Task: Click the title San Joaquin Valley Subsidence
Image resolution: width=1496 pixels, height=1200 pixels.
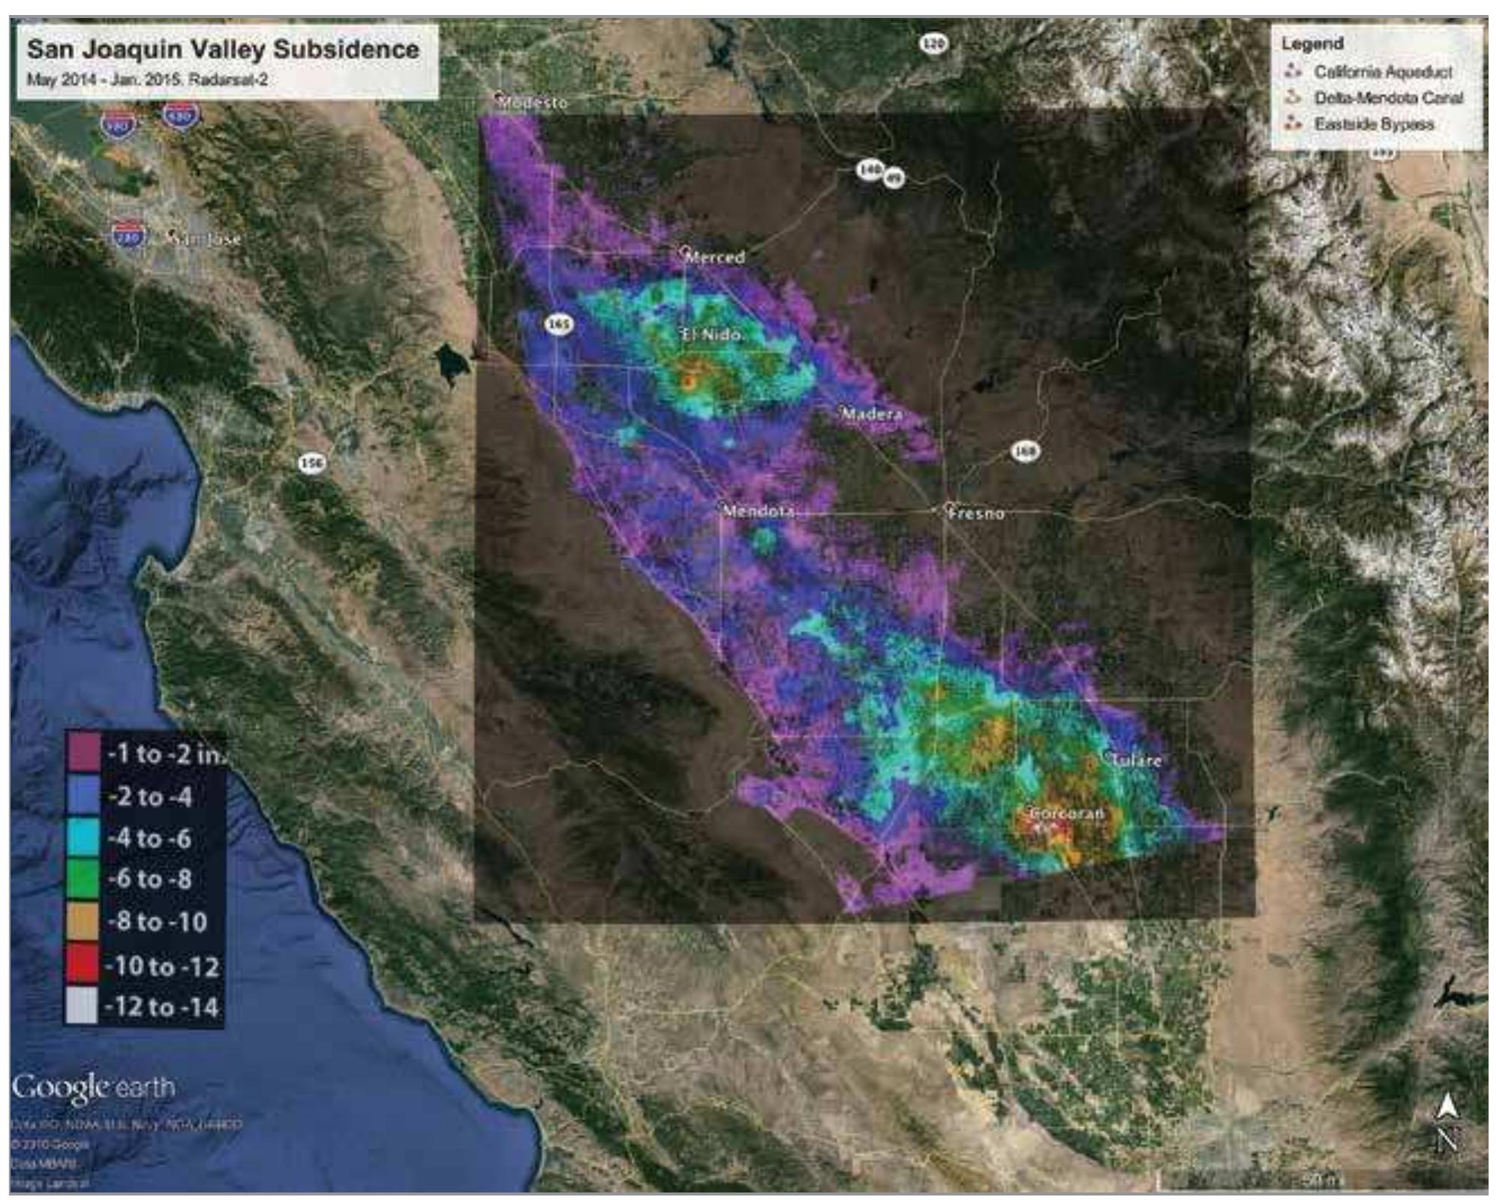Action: tap(223, 50)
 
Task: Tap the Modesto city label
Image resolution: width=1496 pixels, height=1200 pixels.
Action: tap(533, 103)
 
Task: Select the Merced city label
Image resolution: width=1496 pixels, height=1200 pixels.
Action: tap(715, 257)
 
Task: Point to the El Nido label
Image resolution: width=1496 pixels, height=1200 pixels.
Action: tap(712, 334)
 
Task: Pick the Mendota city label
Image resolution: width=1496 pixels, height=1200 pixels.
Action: tap(759, 512)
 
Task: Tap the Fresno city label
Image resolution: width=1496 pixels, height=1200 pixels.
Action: tap(976, 514)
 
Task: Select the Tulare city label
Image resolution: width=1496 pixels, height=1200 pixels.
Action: tap(1136, 760)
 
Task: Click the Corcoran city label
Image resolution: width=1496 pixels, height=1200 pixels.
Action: tap(1066, 814)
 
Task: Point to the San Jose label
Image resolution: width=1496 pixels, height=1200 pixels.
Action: tap(206, 239)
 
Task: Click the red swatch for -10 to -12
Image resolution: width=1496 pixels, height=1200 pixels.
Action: tap(83, 965)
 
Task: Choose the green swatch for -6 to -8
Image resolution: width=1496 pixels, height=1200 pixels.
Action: tap(83, 879)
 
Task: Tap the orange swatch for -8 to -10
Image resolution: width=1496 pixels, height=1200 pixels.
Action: tap(83, 922)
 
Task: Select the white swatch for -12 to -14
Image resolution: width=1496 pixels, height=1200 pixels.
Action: tap(83, 1006)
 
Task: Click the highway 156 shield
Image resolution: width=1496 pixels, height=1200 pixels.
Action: tap(311, 463)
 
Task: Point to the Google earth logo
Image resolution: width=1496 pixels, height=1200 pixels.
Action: tap(94, 1087)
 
